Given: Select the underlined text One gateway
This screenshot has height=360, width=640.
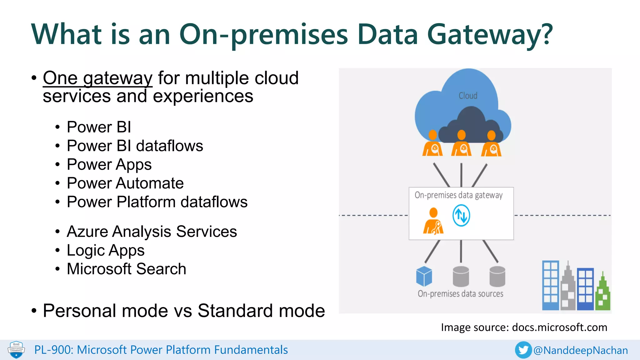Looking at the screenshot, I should click(97, 78).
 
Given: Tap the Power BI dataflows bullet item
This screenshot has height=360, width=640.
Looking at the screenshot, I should click(135, 146).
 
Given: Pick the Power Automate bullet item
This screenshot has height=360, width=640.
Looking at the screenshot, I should click(125, 183).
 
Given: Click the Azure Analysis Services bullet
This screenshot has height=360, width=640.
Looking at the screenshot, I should click(152, 232).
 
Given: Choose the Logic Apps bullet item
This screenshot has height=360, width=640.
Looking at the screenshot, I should click(105, 250).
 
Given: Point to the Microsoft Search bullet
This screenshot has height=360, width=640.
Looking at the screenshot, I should click(126, 269).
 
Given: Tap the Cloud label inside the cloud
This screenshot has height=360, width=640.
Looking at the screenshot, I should click(468, 96).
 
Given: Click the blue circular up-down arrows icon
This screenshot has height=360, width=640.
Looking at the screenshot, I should click(461, 215).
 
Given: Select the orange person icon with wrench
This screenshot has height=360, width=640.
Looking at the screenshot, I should click(433, 221).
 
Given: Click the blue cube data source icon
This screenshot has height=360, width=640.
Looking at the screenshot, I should click(424, 276).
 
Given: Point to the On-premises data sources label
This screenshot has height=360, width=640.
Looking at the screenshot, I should click(460, 294).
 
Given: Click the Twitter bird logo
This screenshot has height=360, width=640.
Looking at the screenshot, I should click(523, 350).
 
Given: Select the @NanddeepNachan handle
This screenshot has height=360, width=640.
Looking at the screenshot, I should click(581, 350).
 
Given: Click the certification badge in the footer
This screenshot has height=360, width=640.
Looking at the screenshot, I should click(16, 350).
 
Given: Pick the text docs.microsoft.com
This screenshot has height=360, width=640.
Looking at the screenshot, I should click(559, 327).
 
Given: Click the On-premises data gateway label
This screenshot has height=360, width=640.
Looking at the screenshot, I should click(458, 195).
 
